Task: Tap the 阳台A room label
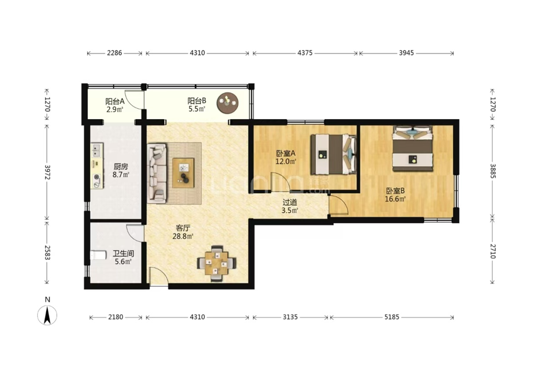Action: coord(115,101)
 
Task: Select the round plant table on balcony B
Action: coord(227,103)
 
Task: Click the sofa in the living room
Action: coord(157,173)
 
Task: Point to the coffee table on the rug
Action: coord(183,173)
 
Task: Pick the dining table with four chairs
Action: coord(217,263)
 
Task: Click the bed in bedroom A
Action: coord(333,154)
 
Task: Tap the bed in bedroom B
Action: coord(412,148)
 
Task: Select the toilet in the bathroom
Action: coord(98,255)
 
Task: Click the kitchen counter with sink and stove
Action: coord(97,166)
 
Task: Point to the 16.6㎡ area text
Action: coord(395,199)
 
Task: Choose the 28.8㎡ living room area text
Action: coord(183,236)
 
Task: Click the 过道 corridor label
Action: coord(290,202)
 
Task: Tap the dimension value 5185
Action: coord(392,317)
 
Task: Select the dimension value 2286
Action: coord(114,53)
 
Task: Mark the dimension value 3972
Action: coord(47,172)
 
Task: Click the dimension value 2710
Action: coord(493,251)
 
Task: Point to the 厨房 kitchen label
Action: coord(121,166)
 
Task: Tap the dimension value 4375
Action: coord(305,53)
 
